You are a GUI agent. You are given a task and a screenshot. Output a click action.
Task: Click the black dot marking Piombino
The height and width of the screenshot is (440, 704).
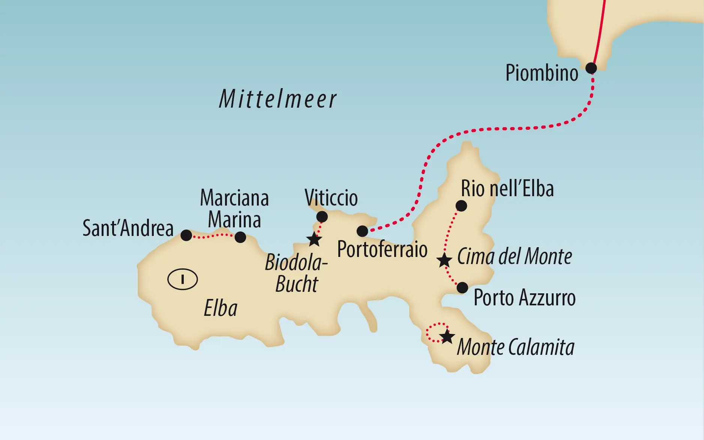[591, 68]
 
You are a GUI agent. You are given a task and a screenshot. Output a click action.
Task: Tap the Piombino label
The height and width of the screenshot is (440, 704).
[542, 73]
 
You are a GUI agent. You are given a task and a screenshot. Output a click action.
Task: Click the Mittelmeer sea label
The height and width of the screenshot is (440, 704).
[278, 99]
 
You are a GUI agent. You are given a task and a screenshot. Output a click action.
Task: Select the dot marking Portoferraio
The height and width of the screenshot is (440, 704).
[362, 231]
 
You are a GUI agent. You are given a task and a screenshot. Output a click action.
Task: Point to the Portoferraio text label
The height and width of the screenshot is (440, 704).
[382, 249]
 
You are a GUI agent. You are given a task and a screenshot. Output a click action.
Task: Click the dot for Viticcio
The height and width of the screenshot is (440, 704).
[322, 217]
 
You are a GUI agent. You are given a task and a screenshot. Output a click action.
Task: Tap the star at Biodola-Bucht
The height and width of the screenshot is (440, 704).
[314, 239]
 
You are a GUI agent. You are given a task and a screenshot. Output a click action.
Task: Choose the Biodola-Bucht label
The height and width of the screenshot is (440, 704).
[296, 273]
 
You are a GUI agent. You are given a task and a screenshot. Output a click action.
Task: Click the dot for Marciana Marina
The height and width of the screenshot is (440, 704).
[240, 237]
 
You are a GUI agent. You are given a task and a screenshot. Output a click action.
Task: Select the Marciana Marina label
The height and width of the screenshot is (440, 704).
[234, 209]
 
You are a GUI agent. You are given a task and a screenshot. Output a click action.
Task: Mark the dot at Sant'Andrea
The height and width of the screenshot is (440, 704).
[186, 236]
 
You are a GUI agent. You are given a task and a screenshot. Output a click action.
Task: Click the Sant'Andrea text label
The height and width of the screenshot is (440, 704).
[128, 228]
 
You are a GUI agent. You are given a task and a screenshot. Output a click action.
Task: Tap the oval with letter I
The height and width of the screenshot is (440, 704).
[182, 279]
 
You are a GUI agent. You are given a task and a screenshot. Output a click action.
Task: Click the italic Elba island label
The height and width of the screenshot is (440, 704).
[221, 309]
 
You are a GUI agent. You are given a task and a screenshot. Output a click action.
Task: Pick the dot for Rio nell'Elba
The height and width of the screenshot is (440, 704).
[461, 206]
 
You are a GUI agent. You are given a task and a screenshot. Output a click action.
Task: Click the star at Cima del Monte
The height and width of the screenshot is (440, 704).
[444, 260]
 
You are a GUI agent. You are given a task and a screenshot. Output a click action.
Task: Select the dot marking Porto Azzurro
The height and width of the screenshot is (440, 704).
[462, 288]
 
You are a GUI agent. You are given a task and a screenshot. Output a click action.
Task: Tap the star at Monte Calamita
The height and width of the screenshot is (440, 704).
[447, 337]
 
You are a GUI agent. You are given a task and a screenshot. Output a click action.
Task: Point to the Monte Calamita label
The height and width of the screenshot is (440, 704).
[515, 347]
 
